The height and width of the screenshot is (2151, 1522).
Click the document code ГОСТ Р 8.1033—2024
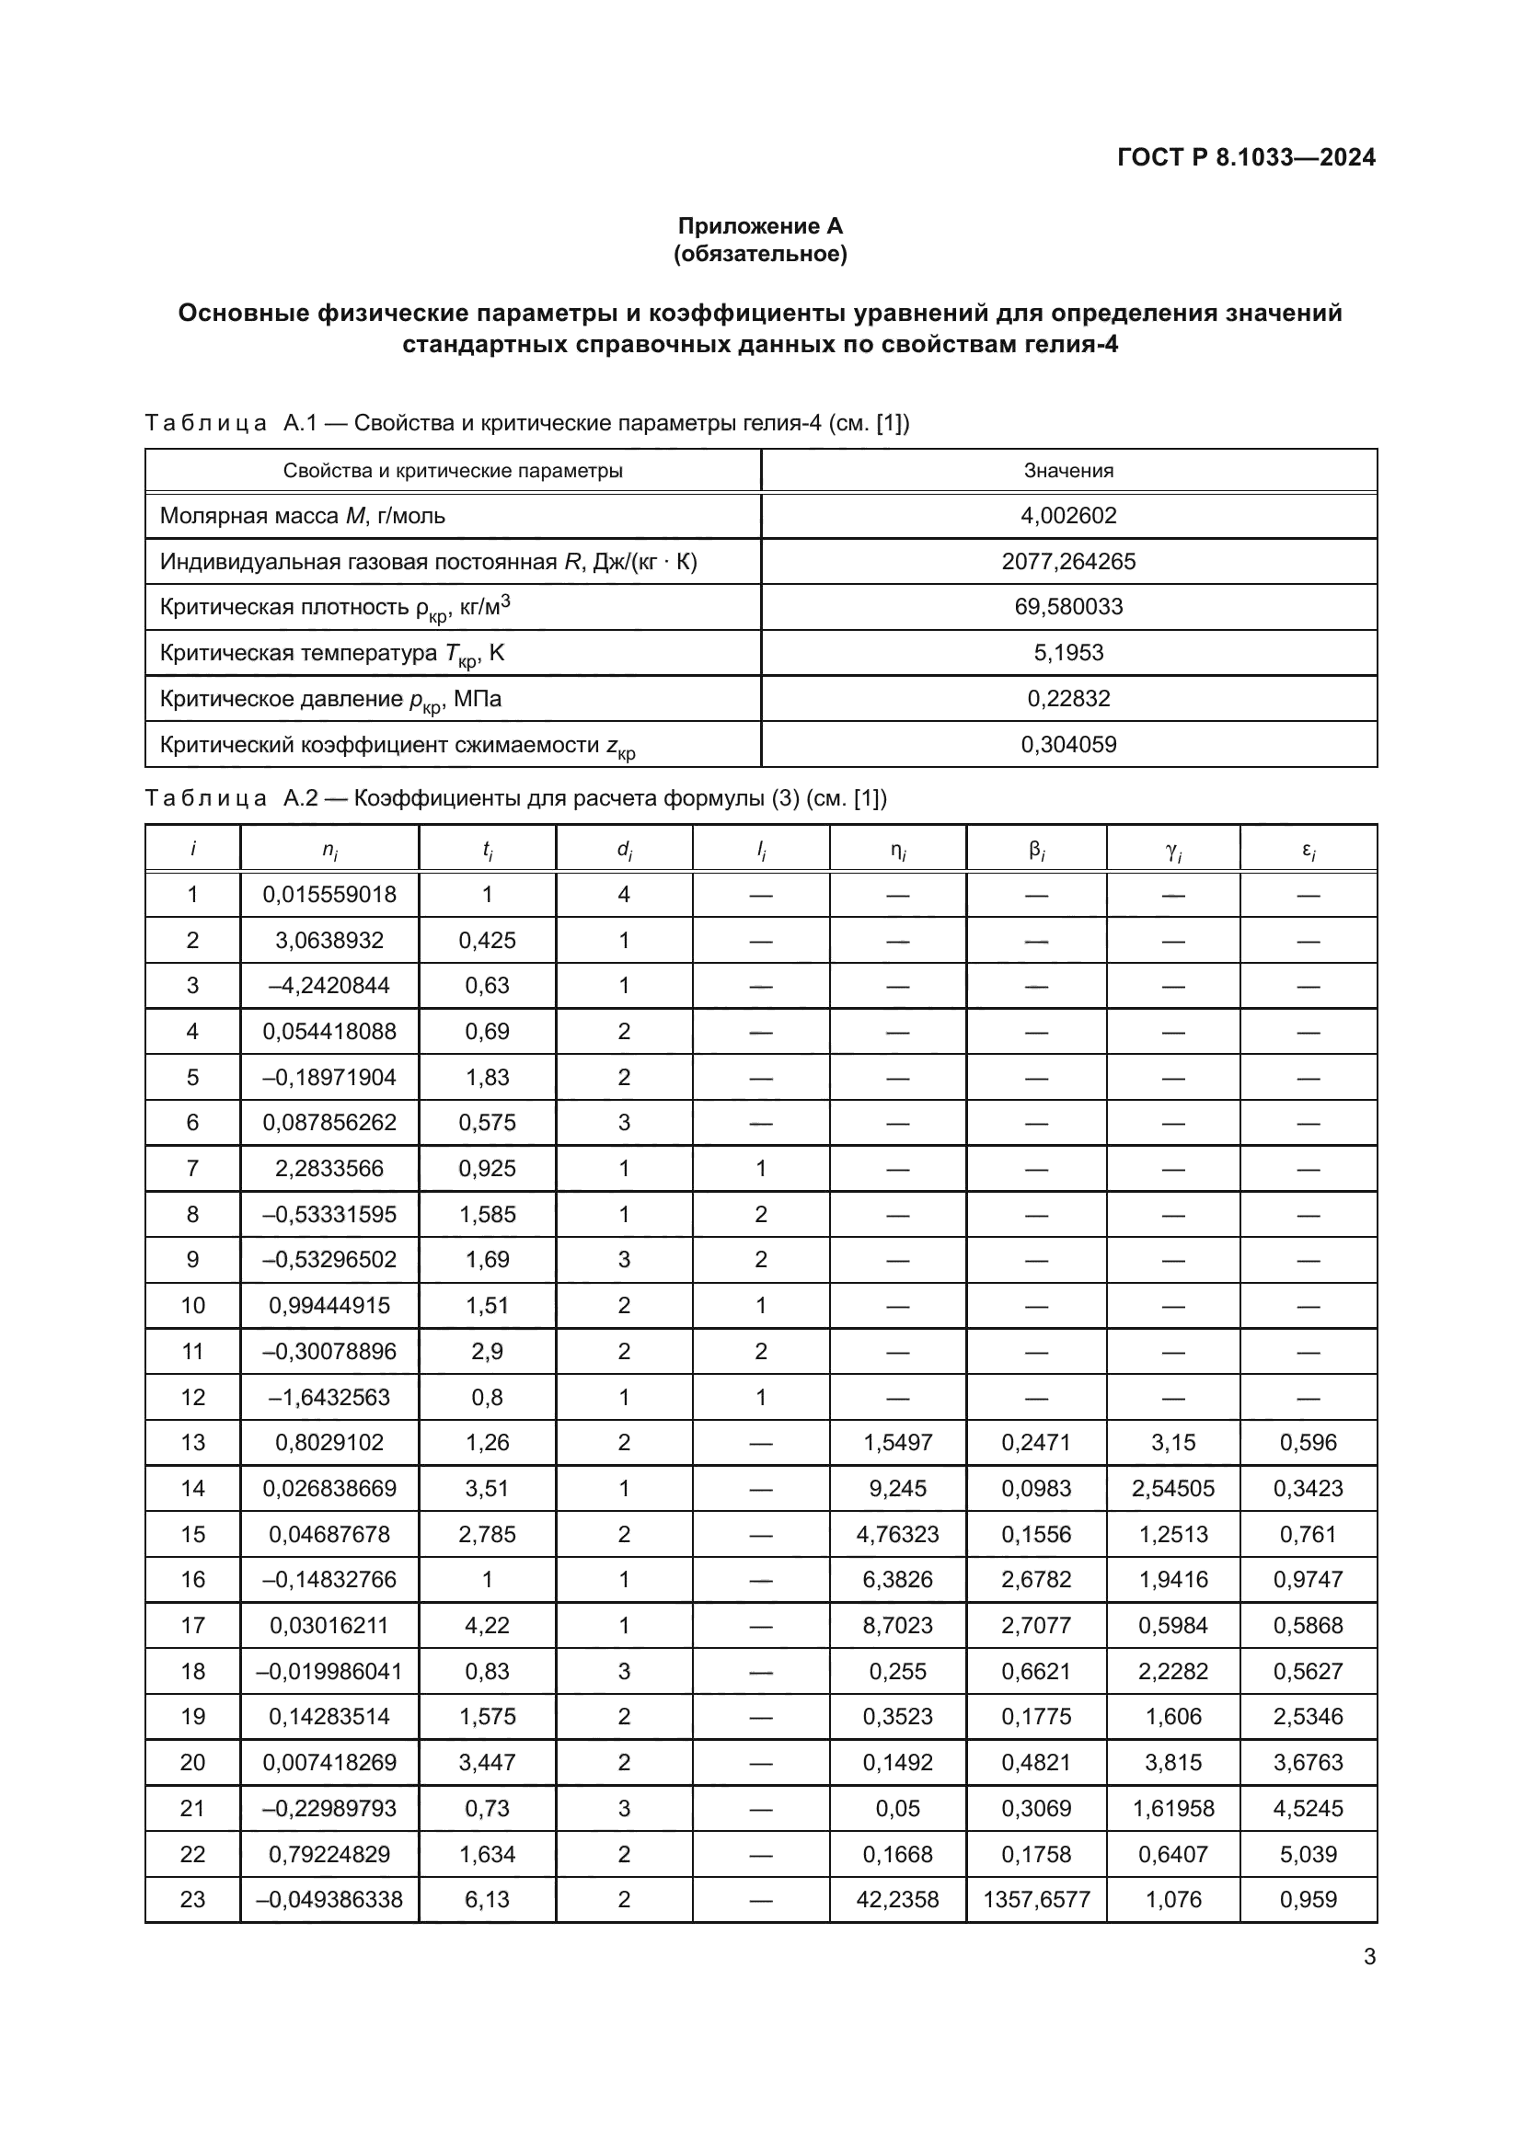(1246, 157)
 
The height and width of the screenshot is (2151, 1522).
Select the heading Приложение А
(760, 226)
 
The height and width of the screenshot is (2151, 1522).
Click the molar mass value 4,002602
(1068, 516)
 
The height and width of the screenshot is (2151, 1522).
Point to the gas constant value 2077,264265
(1068, 562)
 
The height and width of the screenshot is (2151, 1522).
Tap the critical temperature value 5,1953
(1068, 653)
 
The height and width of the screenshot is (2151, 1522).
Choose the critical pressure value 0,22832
(1068, 699)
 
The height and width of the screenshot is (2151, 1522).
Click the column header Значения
(1068, 471)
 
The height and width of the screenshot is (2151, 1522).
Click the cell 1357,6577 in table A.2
(1035, 1900)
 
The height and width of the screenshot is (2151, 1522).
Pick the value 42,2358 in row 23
(897, 1900)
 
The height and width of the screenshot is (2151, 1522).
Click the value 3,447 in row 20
(487, 1762)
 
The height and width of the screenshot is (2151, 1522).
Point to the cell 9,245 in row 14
(897, 1489)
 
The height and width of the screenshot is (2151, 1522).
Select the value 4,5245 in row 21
(1308, 1808)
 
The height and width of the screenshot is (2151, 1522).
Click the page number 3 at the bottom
(1369, 1957)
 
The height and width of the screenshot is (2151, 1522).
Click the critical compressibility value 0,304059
(1068, 745)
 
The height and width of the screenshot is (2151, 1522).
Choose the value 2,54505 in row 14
(1172, 1489)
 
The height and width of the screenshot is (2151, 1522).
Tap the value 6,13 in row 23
(487, 1900)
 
